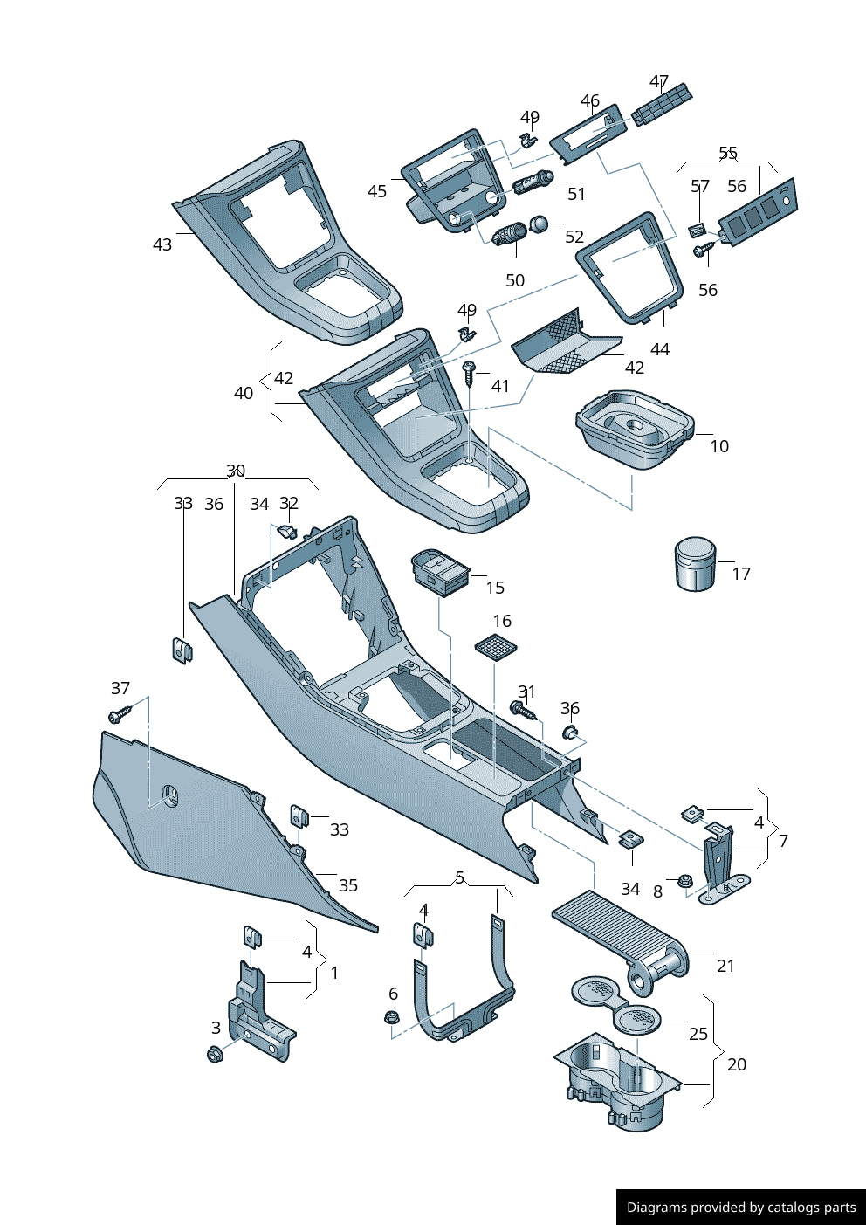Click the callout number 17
point(741,574)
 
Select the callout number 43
point(162,244)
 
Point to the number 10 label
point(719,446)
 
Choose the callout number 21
point(725,966)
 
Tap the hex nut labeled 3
point(214,1054)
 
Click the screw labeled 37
point(119,715)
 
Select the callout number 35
point(348,885)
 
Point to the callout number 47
point(659,82)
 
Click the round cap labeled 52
point(539,225)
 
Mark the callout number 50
point(515,280)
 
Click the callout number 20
point(737,1064)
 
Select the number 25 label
point(698,1034)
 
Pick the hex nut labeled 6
point(391,1017)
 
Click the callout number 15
point(495,588)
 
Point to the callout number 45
point(377,191)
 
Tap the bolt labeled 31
point(522,709)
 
